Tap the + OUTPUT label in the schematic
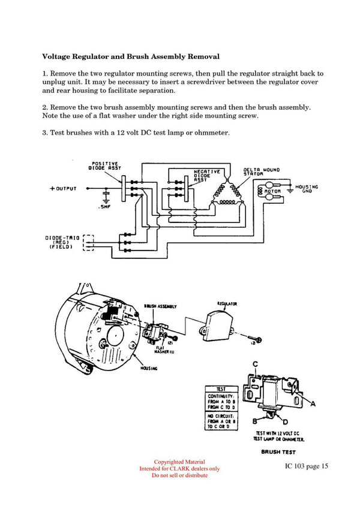pos(63,189)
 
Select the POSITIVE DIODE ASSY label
pos(107,166)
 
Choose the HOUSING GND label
pos(307,189)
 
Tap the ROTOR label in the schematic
pos(272,191)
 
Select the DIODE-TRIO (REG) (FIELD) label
pos(62,242)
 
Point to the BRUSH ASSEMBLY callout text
pos(160,306)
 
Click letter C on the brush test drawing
pos(255,364)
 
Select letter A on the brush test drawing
pos(312,404)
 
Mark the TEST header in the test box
pos(220,388)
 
